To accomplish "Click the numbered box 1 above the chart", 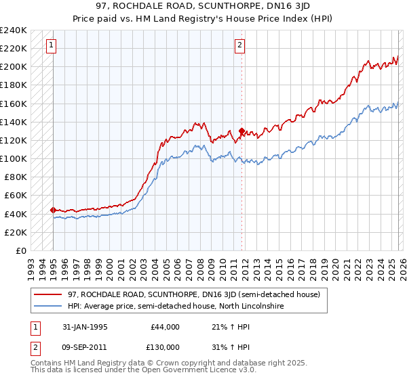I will coord(52,46).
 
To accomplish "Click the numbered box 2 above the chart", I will coord(239,46).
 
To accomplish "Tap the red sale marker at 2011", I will coord(241,131).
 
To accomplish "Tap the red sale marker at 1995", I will coord(53,210).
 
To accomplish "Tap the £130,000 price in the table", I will coord(165,347).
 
